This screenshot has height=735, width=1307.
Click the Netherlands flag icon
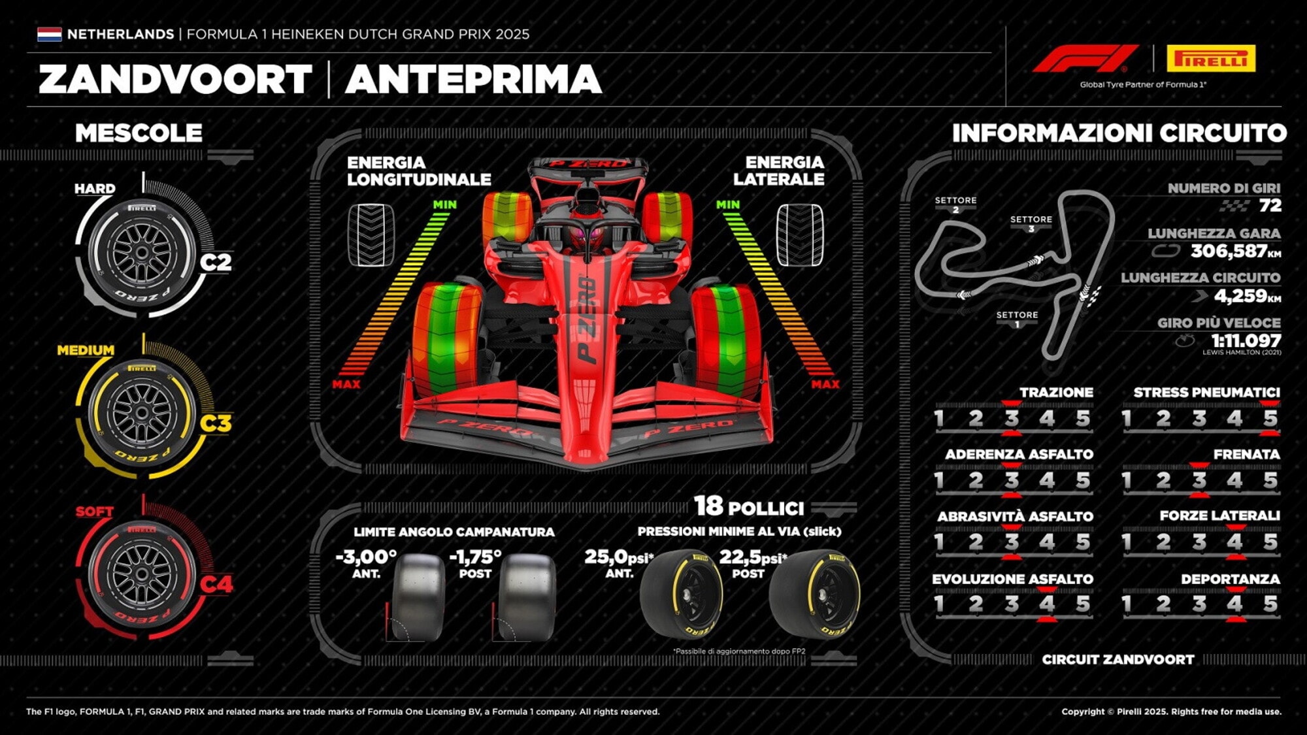click(x=50, y=34)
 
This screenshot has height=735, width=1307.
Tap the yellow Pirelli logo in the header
click(x=1211, y=59)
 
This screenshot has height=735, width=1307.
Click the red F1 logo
click(x=1085, y=58)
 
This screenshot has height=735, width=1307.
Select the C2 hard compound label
click(x=216, y=262)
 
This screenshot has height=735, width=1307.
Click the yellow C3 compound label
click(x=216, y=423)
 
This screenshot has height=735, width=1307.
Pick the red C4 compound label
click(x=216, y=583)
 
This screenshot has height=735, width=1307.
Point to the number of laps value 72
click(x=1270, y=205)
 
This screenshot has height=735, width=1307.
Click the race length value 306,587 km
click(x=1235, y=251)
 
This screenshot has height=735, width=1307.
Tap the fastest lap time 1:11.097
click(x=1246, y=340)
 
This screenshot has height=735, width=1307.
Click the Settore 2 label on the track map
click(x=955, y=204)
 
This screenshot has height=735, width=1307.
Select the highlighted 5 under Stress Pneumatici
click(x=1270, y=418)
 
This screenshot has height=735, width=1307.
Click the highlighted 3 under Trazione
click(x=1012, y=418)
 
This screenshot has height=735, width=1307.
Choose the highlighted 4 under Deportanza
click(x=1234, y=604)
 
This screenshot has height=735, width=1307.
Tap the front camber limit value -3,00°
click(x=366, y=557)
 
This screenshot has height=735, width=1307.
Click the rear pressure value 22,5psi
click(x=753, y=557)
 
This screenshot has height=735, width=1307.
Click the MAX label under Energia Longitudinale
click(x=346, y=384)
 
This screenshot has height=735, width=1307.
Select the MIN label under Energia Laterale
click(x=727, y=204)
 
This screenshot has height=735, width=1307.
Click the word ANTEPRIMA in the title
click(x=473, y=79)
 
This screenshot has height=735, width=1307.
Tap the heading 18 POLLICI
click(x=749, y=506)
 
